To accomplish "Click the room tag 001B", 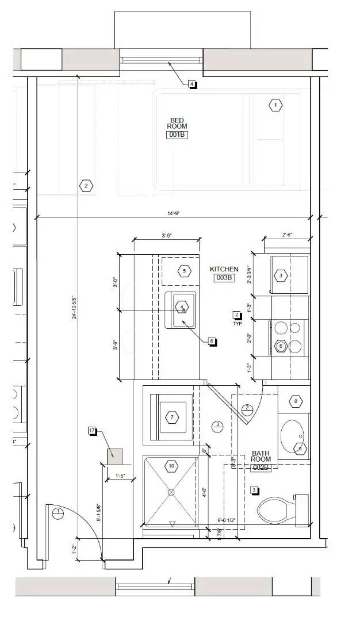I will click(177, 135).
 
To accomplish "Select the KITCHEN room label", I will click(224, 269).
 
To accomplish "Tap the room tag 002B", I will click(261, 467).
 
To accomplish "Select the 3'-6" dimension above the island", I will click(167, 235).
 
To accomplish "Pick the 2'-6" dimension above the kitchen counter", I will click(288, 235).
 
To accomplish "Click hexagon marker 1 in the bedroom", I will click(275, 105).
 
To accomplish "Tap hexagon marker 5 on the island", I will click(184, 271).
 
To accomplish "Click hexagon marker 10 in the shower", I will click(171, 465).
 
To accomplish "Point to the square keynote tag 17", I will click(92, 430).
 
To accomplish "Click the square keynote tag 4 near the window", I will click(192, 84).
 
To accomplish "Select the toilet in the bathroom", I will click(279, 508).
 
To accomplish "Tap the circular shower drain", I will click(171, 492).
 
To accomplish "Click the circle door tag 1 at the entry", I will click(57, 513).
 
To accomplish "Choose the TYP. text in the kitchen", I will click(238, 324).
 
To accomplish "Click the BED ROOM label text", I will click(177, 123).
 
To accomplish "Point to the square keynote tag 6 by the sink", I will click(212, 341).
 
